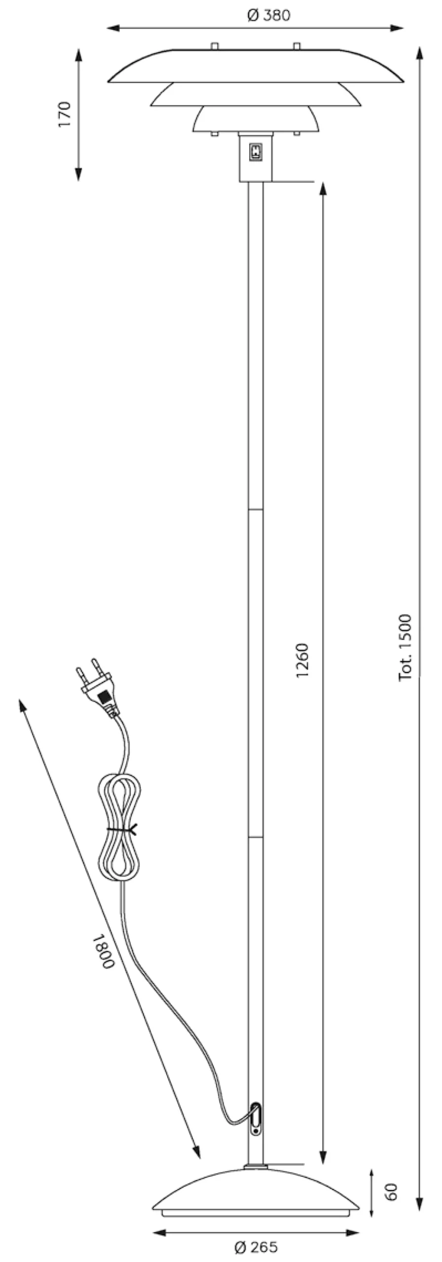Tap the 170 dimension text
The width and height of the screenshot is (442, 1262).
coord(65,114)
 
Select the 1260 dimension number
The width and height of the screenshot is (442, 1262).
coord(302,660)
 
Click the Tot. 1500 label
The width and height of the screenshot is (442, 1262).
coord(405,647)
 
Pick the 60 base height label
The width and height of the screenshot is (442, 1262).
coord(391,1192)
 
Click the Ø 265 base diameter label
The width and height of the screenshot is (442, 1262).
coord(256,1247)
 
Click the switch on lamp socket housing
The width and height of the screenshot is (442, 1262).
coord(256,151)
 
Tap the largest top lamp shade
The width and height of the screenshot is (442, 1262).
coord(256,65)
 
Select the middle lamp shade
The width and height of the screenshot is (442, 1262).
coord(256,95)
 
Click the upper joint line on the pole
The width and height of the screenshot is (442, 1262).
coord(256,509)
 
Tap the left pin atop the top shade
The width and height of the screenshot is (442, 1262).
coord(215,46)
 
